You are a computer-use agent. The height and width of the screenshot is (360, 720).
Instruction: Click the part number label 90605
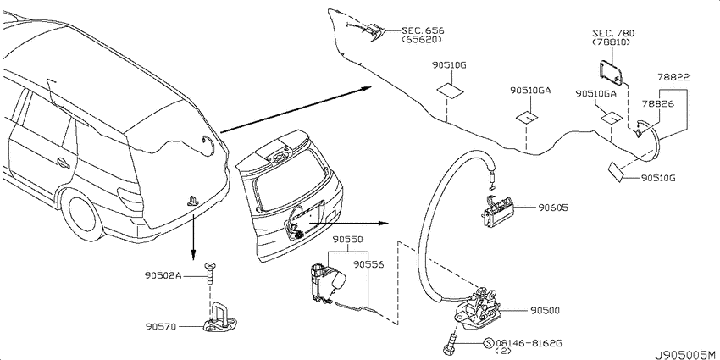pos(553,208)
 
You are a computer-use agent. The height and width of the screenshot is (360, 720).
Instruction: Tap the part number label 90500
pos(545,311)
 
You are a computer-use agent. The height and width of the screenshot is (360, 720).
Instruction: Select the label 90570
pos(160,326)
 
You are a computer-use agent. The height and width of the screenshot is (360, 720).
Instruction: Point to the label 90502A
pos(163,275)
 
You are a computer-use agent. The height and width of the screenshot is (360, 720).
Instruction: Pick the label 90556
pos(368,264)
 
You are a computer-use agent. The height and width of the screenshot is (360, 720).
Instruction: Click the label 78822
pos(673,77)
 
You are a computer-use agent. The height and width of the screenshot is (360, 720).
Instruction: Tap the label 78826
pos(657,104)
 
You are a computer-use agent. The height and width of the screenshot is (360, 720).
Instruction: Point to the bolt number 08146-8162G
pos(529,343)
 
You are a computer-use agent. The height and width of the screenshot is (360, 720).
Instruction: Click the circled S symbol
pos(489,343)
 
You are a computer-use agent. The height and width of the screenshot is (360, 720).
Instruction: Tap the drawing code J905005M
pos(686,355)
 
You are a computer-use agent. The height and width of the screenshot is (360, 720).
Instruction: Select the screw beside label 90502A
pos(210,272)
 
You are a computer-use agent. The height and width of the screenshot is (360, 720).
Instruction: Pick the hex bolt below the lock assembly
pos(449,344)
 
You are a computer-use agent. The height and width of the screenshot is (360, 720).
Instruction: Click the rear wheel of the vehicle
pos(84,215)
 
